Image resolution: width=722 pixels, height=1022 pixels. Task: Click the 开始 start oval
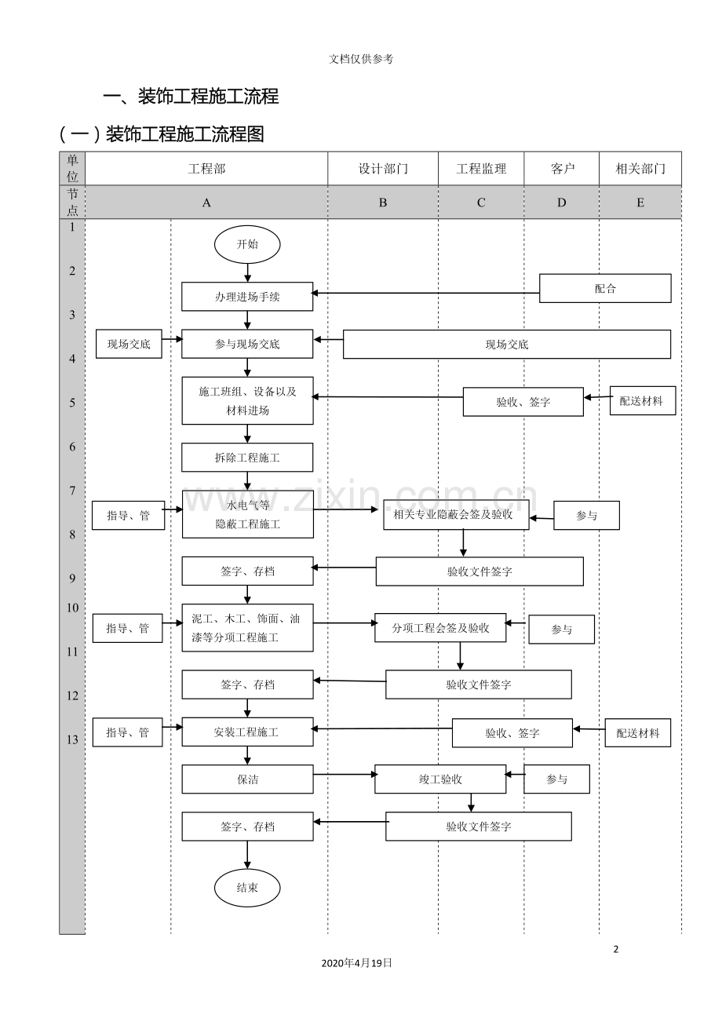pos(247,244)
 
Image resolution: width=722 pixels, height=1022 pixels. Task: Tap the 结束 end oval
pos(247,888)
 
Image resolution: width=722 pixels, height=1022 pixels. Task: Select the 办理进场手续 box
pos(247,297)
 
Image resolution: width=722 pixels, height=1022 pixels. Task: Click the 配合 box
pos(605,288)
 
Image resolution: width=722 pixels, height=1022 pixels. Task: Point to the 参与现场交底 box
pos(247,344)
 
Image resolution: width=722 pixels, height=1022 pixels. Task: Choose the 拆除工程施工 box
pos(247,458)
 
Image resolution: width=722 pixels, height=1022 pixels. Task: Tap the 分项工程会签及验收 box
pos(440,628)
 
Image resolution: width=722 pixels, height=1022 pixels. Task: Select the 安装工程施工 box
pos(247,732)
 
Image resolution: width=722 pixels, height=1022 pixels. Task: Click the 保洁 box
pos(247,779)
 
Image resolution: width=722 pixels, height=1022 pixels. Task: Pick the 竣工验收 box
pos(440,779)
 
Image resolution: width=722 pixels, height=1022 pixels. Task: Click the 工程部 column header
pos(206,169)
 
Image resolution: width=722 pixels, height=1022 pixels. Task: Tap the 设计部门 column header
pos(383,169)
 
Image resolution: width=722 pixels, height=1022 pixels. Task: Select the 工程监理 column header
pos(481,169)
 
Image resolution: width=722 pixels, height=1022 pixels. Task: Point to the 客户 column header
pos(562,169)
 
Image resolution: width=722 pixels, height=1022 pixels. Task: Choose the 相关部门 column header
pos(640,169)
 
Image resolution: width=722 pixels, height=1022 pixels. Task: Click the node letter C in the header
pos(481,203)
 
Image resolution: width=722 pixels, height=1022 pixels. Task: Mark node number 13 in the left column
pos(72,739)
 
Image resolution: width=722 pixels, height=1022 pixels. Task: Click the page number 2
pos(616,949)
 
